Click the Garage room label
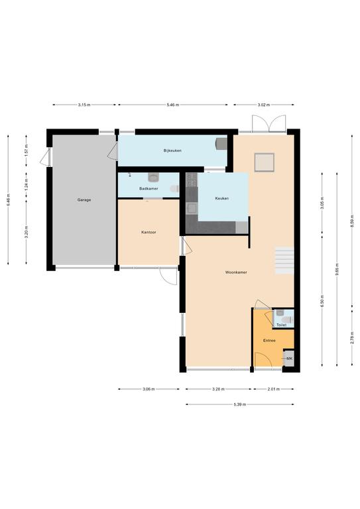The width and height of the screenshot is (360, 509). point(84,200)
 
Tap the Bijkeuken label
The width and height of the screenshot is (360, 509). point(172,150)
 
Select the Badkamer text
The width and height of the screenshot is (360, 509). point(149,189)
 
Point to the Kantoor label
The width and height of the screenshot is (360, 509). point(149,233)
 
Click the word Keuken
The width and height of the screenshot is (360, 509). point(222,198)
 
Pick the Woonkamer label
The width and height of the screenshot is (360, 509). point(236,272)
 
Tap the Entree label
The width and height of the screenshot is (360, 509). point(269,341)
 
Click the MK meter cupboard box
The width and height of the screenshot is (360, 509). point(289,359)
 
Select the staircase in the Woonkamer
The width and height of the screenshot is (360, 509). point(284,260)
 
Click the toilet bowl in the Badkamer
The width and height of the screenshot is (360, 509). point(174,189)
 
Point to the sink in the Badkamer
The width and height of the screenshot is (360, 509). point(153,177)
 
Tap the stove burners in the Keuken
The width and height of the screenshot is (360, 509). point(192,180)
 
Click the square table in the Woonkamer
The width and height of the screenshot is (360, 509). point(265,162)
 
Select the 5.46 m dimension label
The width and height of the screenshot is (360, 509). point(172,105)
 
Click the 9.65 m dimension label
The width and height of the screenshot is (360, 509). point(337,269)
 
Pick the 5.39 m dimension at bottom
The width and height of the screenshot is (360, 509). point(240,404)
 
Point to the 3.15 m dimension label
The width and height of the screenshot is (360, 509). point(84,105)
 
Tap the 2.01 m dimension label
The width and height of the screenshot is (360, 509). point(274,389)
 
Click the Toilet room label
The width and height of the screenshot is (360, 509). point(282,325)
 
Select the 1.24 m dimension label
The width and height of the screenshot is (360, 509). point(27,184)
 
